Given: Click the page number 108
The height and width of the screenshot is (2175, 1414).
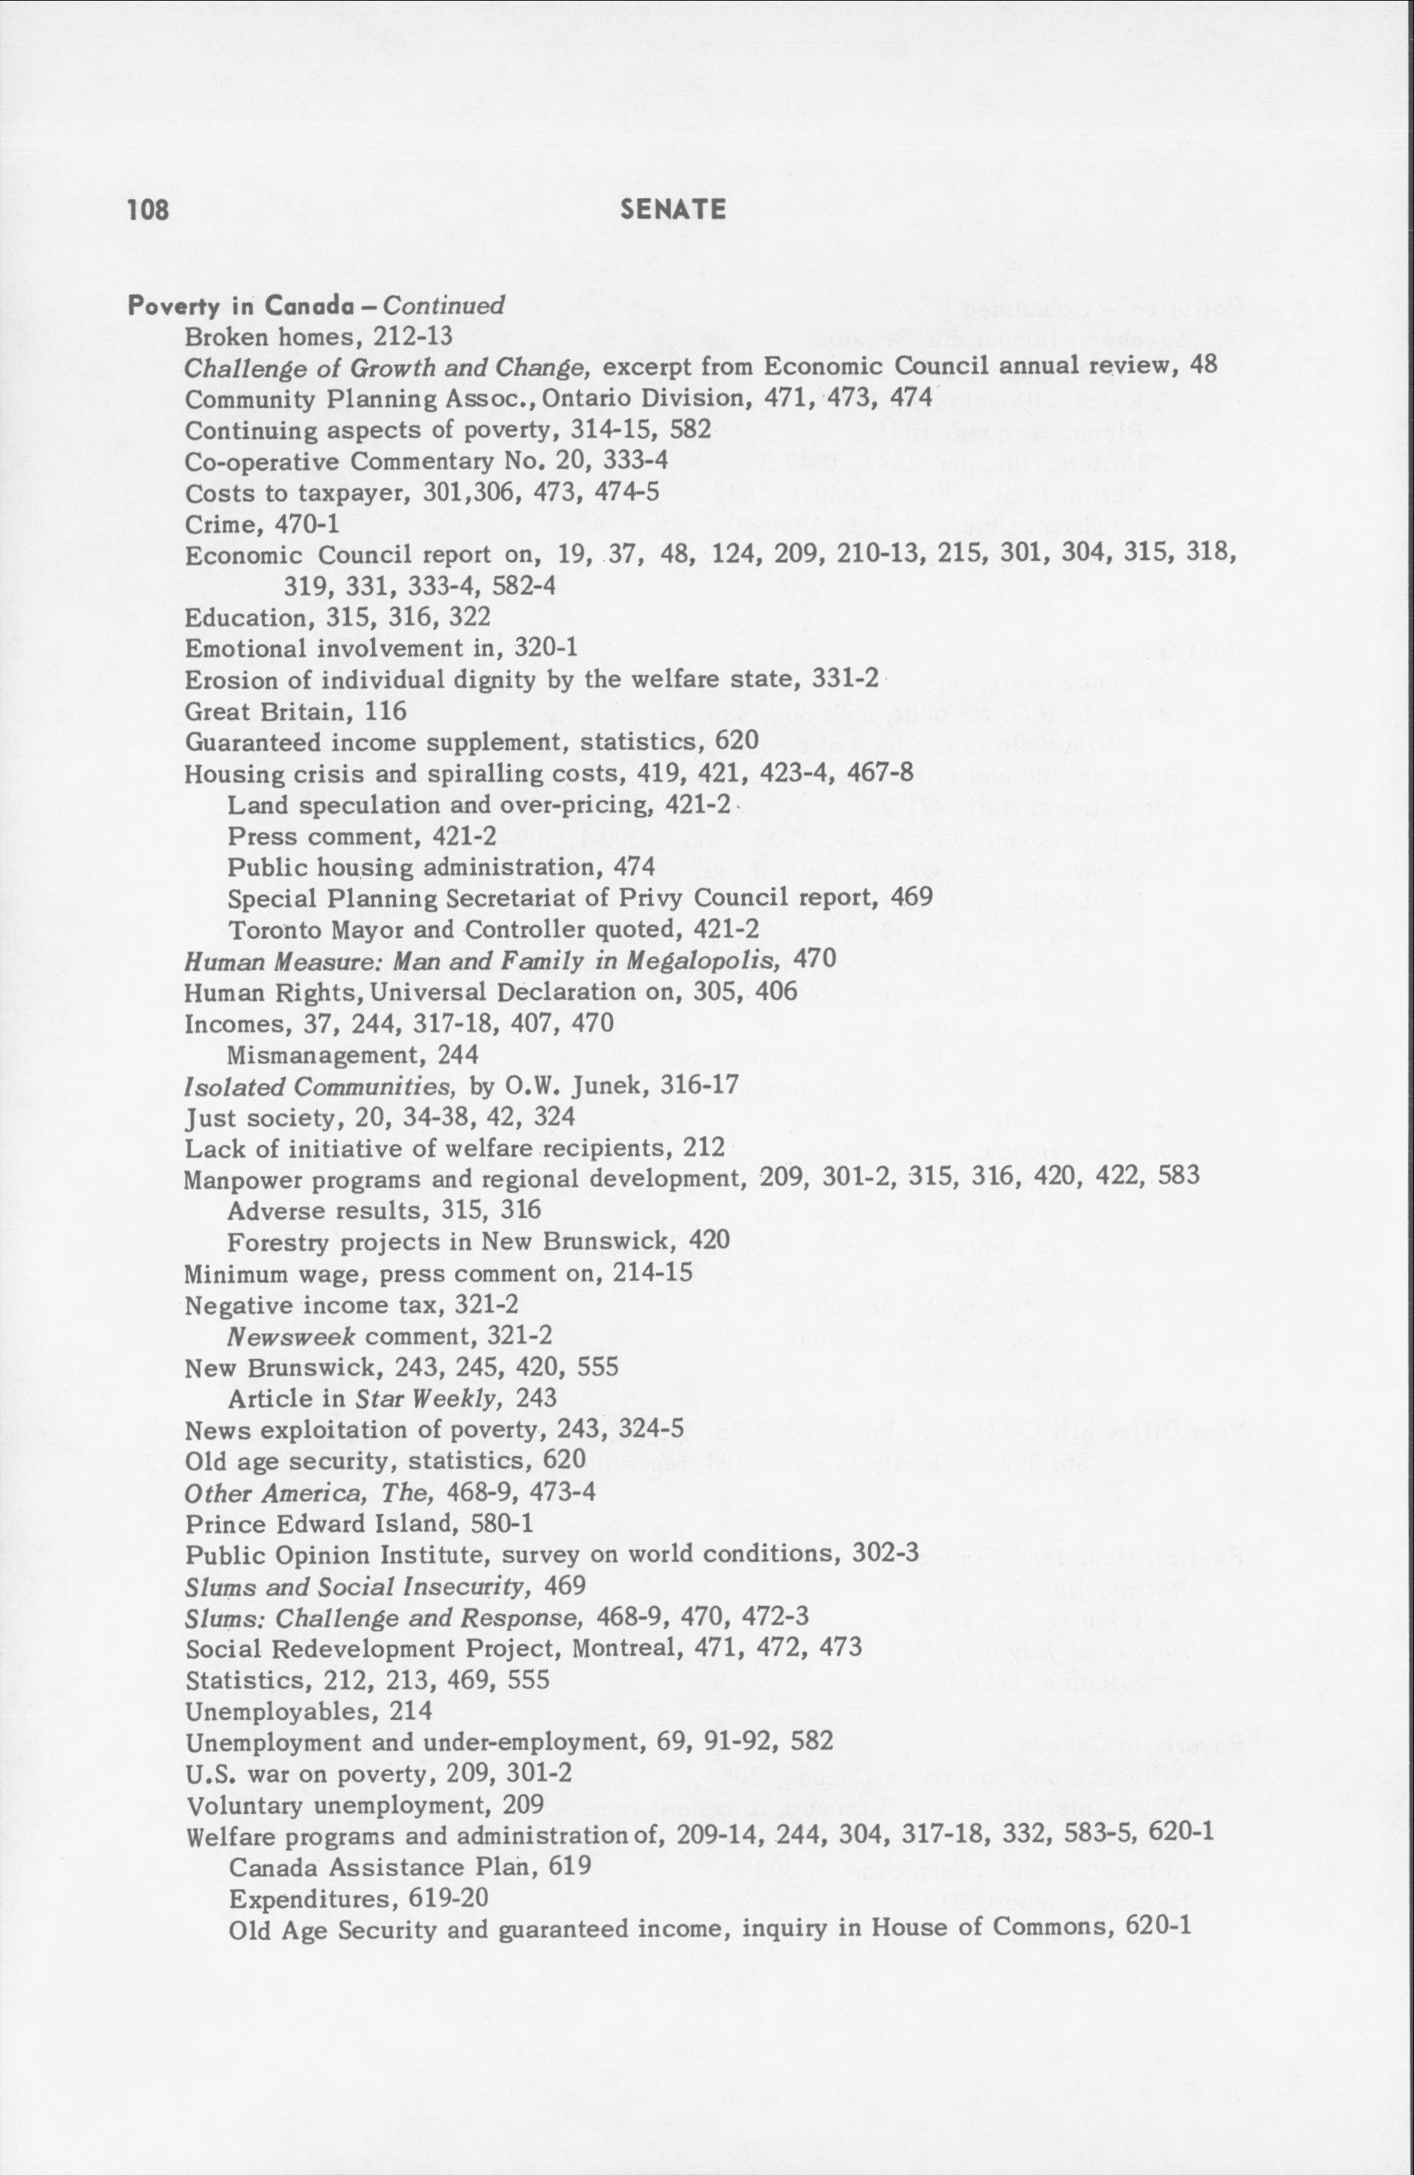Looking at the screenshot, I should coord(148,210).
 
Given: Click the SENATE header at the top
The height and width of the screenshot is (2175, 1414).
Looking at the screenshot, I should coord(673,210).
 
